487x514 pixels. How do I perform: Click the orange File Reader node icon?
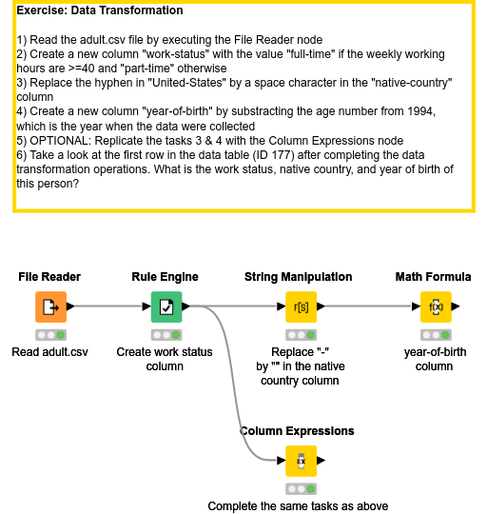tap(50, 307)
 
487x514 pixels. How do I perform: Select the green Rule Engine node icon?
tap(166, 307)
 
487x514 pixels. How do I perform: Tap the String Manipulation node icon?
tap(300, 307)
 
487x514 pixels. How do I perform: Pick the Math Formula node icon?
tap(435, 307)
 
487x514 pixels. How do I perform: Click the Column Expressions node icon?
tap(300, 462)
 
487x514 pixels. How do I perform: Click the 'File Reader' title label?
tap(49, 277)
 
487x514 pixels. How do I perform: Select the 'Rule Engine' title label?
tap(166, 277)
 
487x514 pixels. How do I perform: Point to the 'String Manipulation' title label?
tap(299, 277)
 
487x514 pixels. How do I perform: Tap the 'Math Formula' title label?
tap(433, 277)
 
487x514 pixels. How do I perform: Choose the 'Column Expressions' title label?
tap(298, 431)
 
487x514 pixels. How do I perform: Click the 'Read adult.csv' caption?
tap(50, 352)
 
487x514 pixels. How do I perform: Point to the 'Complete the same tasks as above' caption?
tap(298, 506)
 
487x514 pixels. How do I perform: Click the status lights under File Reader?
tap(50, 335)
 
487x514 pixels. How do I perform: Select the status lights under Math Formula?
tap(435, 335)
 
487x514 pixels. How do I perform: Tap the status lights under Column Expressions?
tap(300, 489)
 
